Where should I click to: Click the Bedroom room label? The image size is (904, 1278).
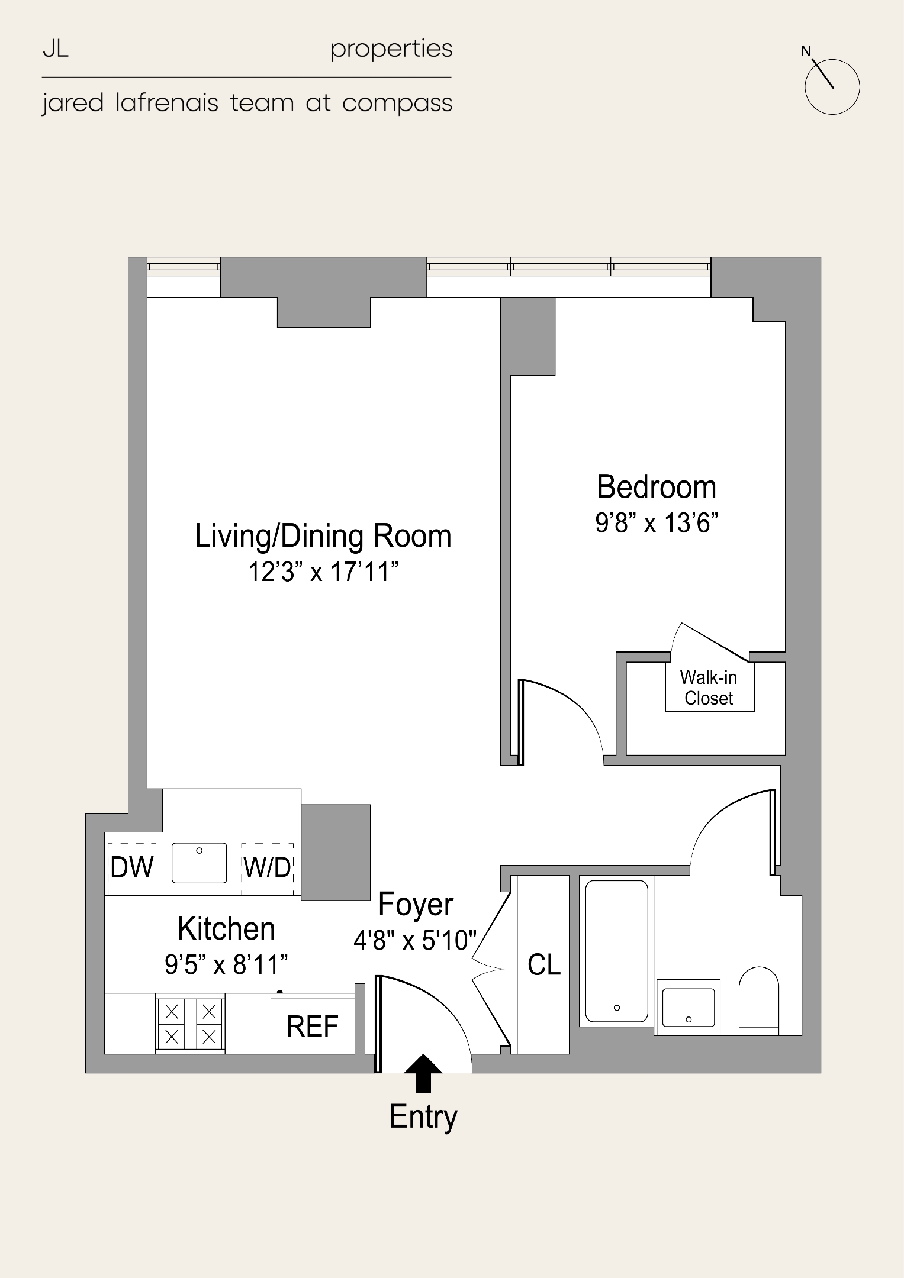click(656, 487)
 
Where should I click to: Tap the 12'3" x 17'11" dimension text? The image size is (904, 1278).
click(323, 572)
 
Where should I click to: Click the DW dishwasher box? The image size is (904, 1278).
click(132, 868)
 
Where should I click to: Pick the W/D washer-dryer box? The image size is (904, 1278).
click(268, 868)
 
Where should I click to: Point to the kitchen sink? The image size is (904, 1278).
click(199, 863)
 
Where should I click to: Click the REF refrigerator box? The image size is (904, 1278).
click(313, 1027)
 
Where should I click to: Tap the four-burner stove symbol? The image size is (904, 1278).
click(190, 1024)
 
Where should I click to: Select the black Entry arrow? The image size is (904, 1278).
click(423, 1072)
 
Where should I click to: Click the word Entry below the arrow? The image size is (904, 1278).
click(423, 1116)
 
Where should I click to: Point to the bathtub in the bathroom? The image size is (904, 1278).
click(616, 951)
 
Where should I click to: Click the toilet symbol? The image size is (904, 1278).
click(758, 1000)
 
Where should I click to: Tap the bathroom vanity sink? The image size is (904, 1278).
click(688, 1007)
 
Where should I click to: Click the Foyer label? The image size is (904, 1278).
click(416, 904)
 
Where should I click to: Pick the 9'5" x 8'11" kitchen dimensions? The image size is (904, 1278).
click(226, 965)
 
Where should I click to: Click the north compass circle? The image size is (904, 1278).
click(832, 87)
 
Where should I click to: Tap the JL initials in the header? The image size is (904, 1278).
click(56, 50)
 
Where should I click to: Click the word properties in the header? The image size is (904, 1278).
click(391, 50)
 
